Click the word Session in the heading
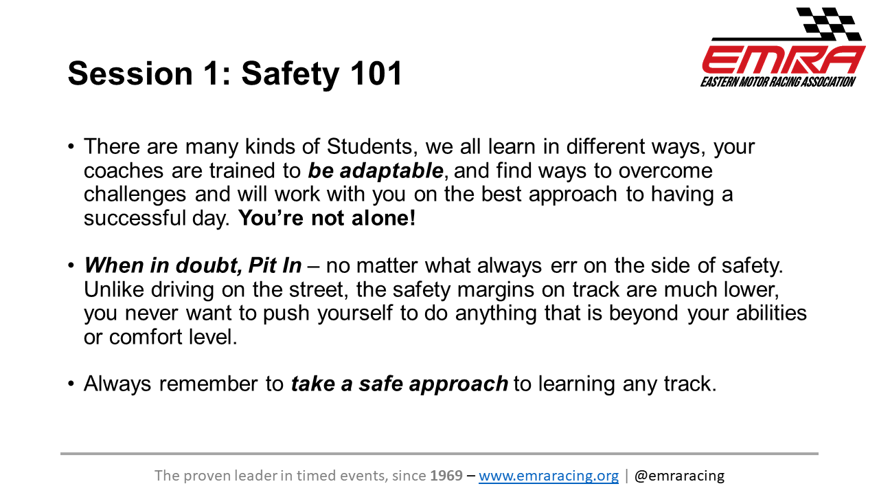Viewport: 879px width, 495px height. [x=130, y=73]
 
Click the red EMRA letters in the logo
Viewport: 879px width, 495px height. [x=784, y=60]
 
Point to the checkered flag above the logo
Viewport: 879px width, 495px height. [x=829, y=23]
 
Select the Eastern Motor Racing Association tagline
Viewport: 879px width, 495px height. [x=778, y=82]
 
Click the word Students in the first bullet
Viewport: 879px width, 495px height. [x=369, y=146]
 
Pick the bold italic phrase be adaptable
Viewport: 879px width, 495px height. [x=376, y=171]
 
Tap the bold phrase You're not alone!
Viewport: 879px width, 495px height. [x=327, y=218]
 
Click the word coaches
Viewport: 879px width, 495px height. [x=124, y=171]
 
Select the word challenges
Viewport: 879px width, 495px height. [x=135, y=195]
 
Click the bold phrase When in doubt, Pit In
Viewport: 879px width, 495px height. [x=193, y=265]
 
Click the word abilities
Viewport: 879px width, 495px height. [x=771, y=313]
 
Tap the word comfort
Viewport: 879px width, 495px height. [x=145, y=338]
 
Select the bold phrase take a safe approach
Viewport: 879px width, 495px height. [x=400, y=384]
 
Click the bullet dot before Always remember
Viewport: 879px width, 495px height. [x=71, y=384]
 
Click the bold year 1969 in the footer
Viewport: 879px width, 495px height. [x=446, y=476]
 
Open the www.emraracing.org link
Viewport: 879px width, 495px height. [x=549, y=476]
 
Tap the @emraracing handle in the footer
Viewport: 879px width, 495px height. [x=679, y=476]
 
